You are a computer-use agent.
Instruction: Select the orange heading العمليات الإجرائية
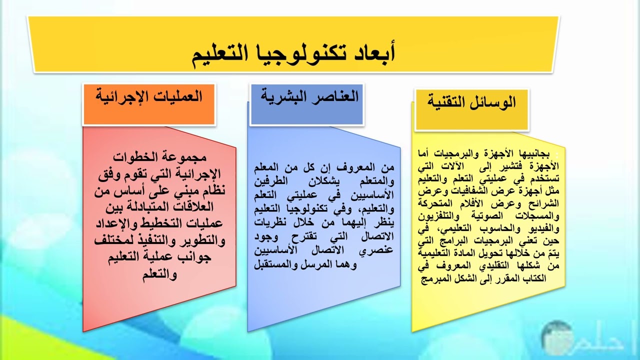(x=148, y=96)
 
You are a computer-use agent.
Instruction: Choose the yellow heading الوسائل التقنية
(x=471, y=102)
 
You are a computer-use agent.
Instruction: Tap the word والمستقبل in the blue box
(x=275, y=265)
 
